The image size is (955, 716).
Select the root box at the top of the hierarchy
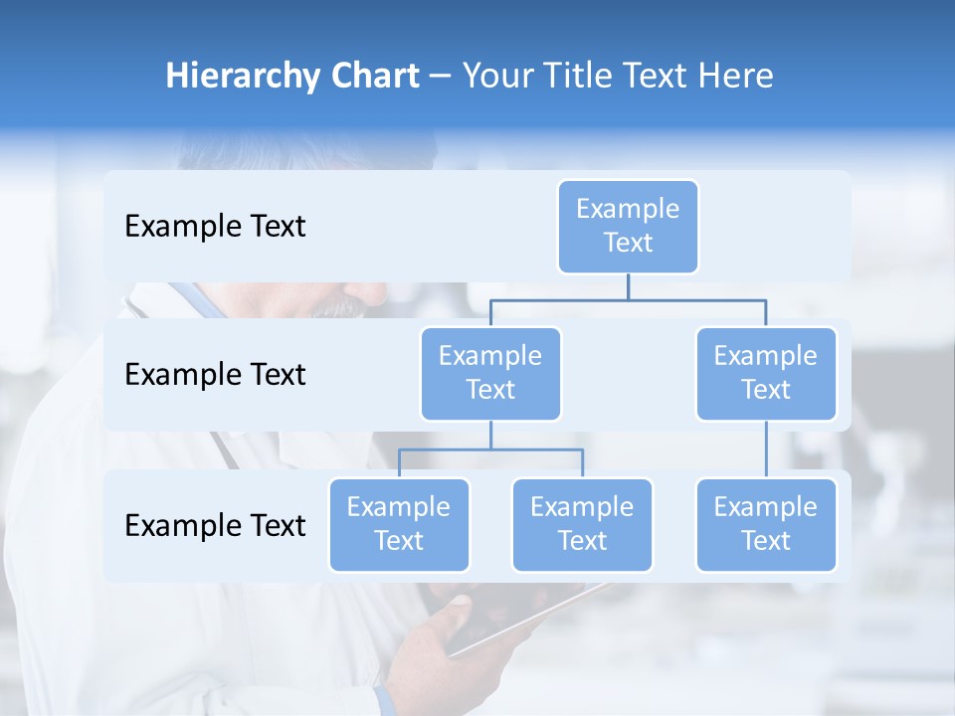click(628, 226)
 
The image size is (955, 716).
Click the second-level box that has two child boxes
click(490, 373)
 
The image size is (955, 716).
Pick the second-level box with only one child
click(766, 373)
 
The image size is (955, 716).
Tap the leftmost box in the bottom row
click(399, 524)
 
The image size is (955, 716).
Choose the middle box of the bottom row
click(582, 524)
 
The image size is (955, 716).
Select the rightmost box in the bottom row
click(766, 524)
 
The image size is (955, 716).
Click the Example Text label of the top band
click(215, 227)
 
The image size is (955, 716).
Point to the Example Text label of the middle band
click(215, 375)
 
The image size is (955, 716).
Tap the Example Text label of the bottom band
click(215, 526)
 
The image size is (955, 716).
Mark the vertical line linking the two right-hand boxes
click(766, 449)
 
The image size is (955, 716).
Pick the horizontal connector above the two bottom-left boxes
click(490, 449)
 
